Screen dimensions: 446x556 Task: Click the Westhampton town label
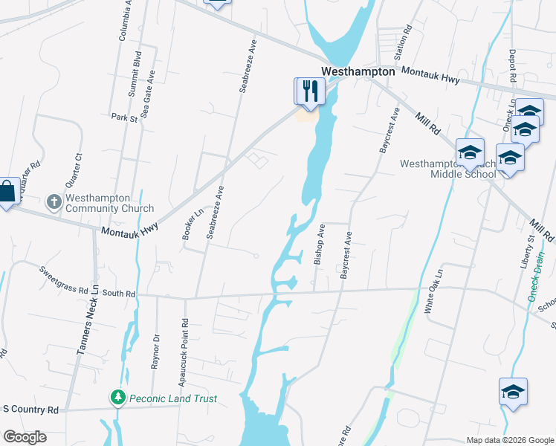(358, 71)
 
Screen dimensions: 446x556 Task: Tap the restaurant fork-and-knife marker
(309, 91)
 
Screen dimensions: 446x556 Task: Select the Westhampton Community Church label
(109, 203)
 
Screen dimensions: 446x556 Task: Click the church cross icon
(54, 201)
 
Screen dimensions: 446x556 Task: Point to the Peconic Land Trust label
(172, 398)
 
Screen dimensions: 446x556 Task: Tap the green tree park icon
(117, 398)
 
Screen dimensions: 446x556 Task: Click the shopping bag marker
(7, 193)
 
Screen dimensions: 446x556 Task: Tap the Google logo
(25, 437)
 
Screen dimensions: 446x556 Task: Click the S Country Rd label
(30, 410)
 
